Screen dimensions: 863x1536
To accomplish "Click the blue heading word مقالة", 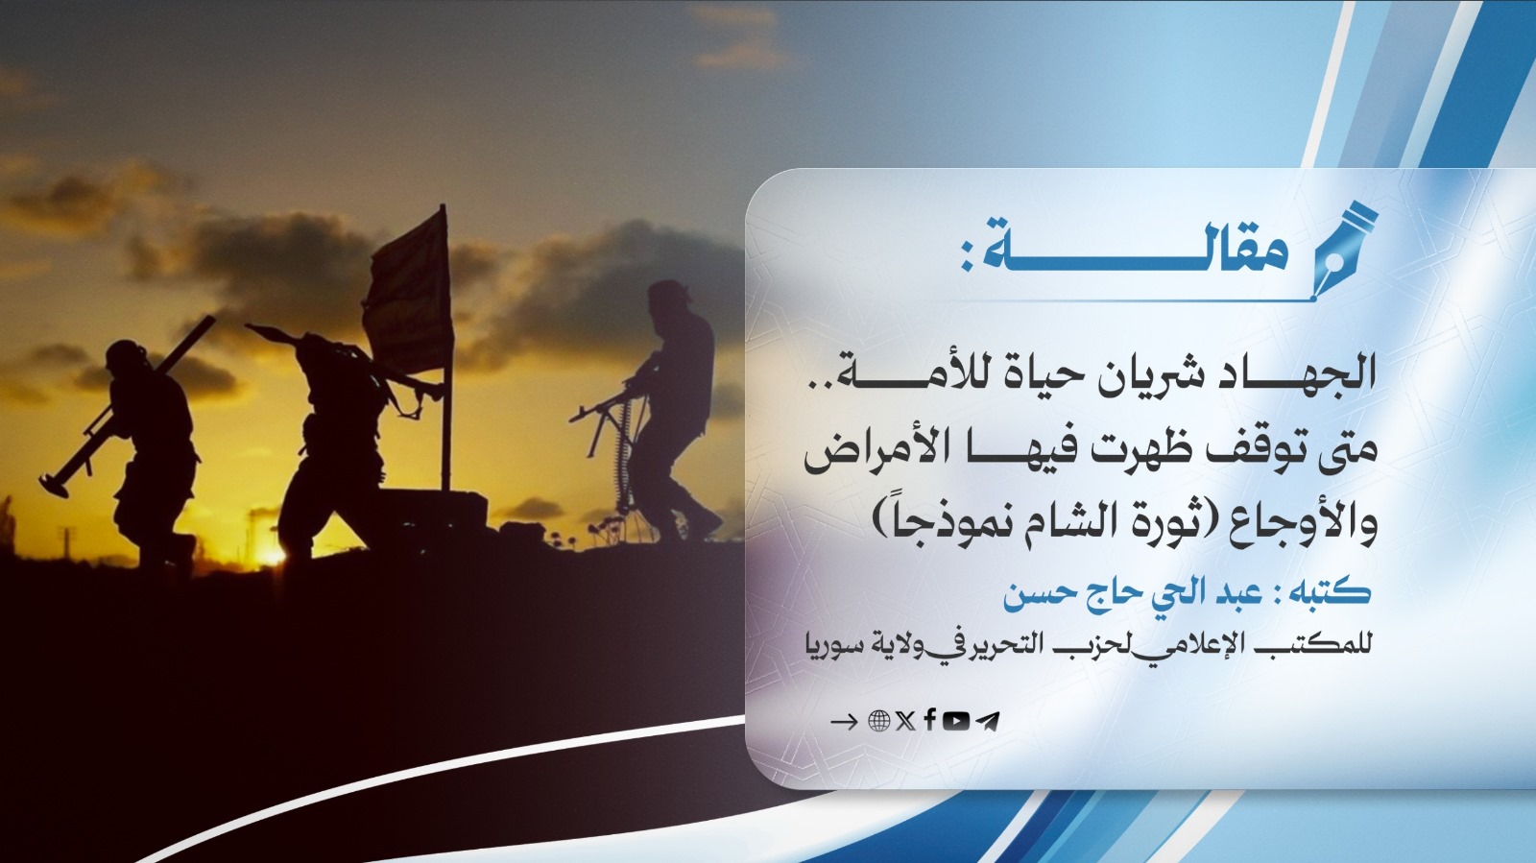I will tap(1133, 252).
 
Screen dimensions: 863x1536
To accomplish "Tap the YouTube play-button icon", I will tap(955, 721).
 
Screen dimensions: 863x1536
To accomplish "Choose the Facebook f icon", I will tap(929, 720).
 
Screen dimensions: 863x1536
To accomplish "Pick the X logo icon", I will tap(904, 721).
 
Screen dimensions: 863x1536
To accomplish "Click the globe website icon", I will tap(878, 721).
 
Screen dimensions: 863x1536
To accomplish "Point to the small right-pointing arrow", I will tap(843, 722).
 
